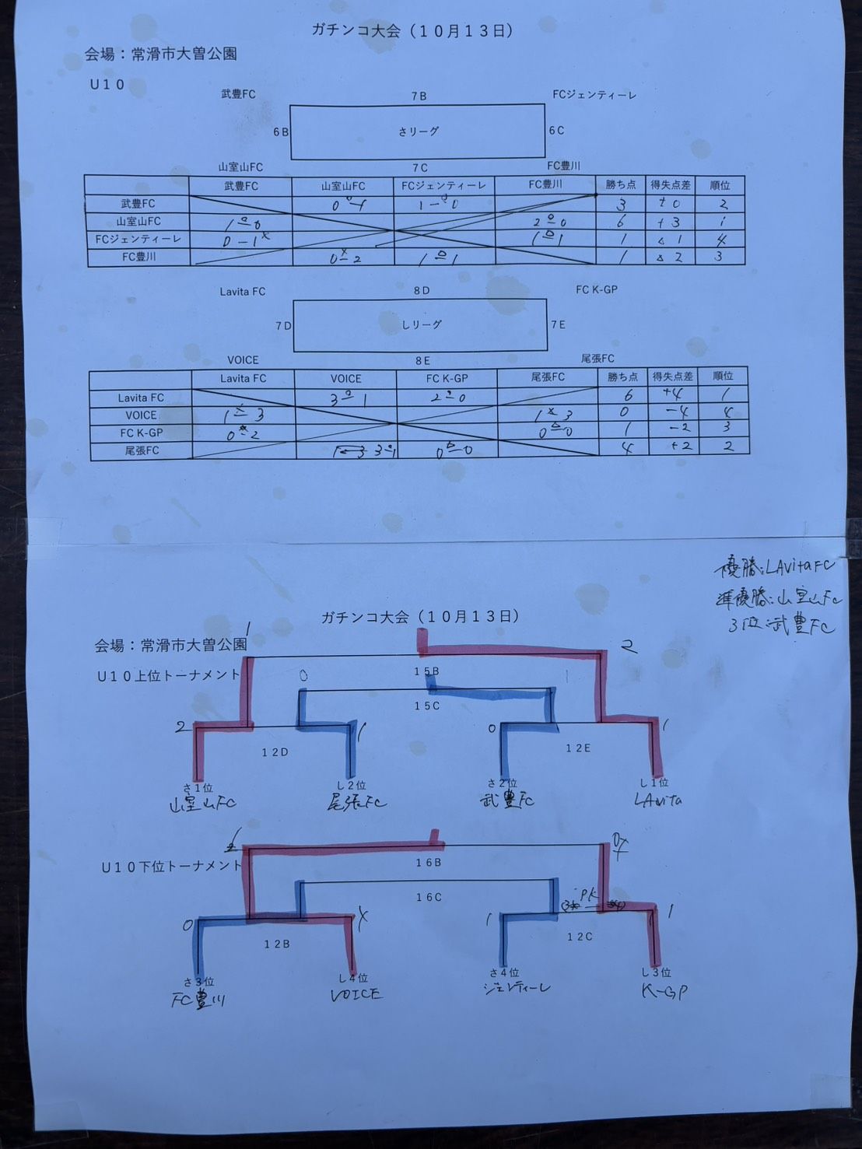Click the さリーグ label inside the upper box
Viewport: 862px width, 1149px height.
click(x=419, y=132)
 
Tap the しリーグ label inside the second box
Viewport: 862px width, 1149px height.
click(x=421, y=324)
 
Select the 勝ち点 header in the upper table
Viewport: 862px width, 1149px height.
click(x=621, y=184)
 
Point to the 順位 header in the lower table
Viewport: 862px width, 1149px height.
click(x=723, y=376)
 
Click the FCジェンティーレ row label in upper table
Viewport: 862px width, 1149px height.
click(x=138, y=239)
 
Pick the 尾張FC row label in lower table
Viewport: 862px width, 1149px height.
click(x=142, y=450)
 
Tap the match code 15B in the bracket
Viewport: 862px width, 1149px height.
click(x=426, y=671)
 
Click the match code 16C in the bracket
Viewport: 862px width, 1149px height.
click(x=429, y=897)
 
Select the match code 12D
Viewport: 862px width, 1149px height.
click(x=275, y=752)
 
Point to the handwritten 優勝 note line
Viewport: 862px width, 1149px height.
click(x=774, y=566)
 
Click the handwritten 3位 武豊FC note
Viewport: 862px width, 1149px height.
click(x=781, y=625)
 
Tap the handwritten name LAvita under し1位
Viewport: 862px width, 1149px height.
click(x=657, y=800)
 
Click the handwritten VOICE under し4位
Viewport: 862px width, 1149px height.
click(x=356, y=993)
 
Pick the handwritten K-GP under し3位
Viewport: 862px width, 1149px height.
click(x=664, y=990)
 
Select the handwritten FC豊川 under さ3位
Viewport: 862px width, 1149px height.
click(x=198, y=1000)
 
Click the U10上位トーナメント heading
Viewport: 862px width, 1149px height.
click(x=168, y=675)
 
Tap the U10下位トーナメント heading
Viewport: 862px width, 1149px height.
click(x=171, y=866)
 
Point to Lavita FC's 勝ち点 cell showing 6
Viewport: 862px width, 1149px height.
click(x=628, y=395)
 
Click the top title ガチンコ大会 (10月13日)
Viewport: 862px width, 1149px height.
click(x=412, y=31)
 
